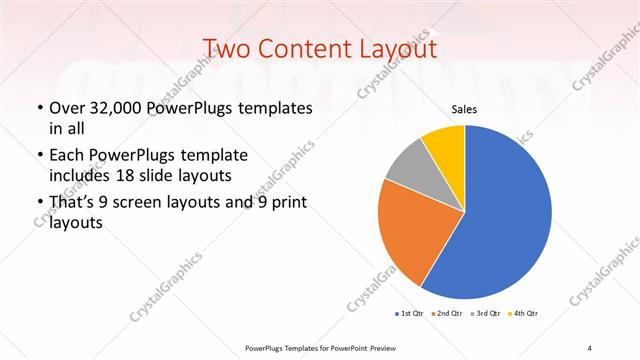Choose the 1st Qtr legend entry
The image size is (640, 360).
[x=410, y=314]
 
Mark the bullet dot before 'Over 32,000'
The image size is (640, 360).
[x=39, y=107]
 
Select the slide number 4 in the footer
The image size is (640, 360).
[x=590, y=347]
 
